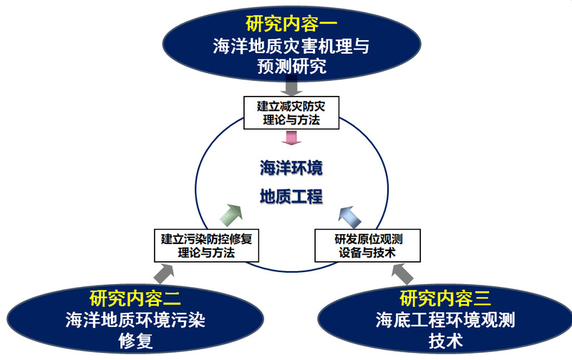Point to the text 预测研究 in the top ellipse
(x=291, y=67)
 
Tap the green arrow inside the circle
(x=231, y=214)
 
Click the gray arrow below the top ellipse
(x=291, y=86)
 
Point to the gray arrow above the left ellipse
(x=165, y=273)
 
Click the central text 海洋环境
(x=291, y=169)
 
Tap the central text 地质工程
(x=291, y=196)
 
